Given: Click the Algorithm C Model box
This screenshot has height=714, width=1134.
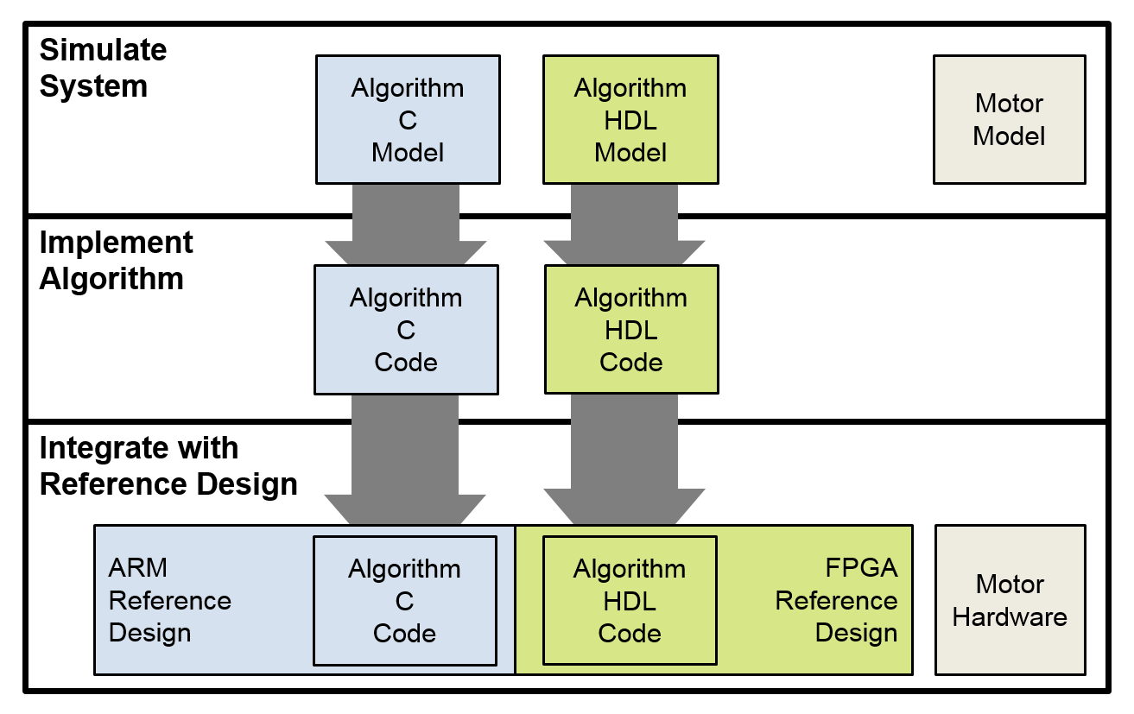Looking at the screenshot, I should [408, 120].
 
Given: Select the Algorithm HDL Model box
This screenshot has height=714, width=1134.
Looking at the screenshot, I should [630, 120].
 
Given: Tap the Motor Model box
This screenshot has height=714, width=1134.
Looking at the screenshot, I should [1009, 120].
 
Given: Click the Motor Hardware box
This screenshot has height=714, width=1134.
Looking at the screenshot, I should [1010, 600].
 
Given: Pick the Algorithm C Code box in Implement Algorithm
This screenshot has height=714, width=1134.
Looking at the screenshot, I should [406, 330].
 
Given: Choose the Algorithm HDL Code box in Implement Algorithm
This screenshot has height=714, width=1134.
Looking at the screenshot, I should [631, 330].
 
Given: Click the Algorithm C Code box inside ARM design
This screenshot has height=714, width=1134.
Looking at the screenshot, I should [404, 601].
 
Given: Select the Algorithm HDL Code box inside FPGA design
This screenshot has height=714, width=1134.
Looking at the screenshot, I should [630, 601].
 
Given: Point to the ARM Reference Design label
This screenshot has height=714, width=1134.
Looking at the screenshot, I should [170, 600].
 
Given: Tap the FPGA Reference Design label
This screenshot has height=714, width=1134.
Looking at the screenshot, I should [836, 600].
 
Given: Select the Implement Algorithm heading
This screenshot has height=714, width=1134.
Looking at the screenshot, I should [117, 261].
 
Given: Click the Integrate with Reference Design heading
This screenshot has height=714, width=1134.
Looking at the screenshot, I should [168, 466].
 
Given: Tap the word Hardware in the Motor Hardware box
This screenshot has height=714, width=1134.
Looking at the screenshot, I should [1010, 617].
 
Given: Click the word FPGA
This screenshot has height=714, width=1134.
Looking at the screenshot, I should [861, 568].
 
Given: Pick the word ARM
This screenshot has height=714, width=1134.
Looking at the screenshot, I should [138, 568].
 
